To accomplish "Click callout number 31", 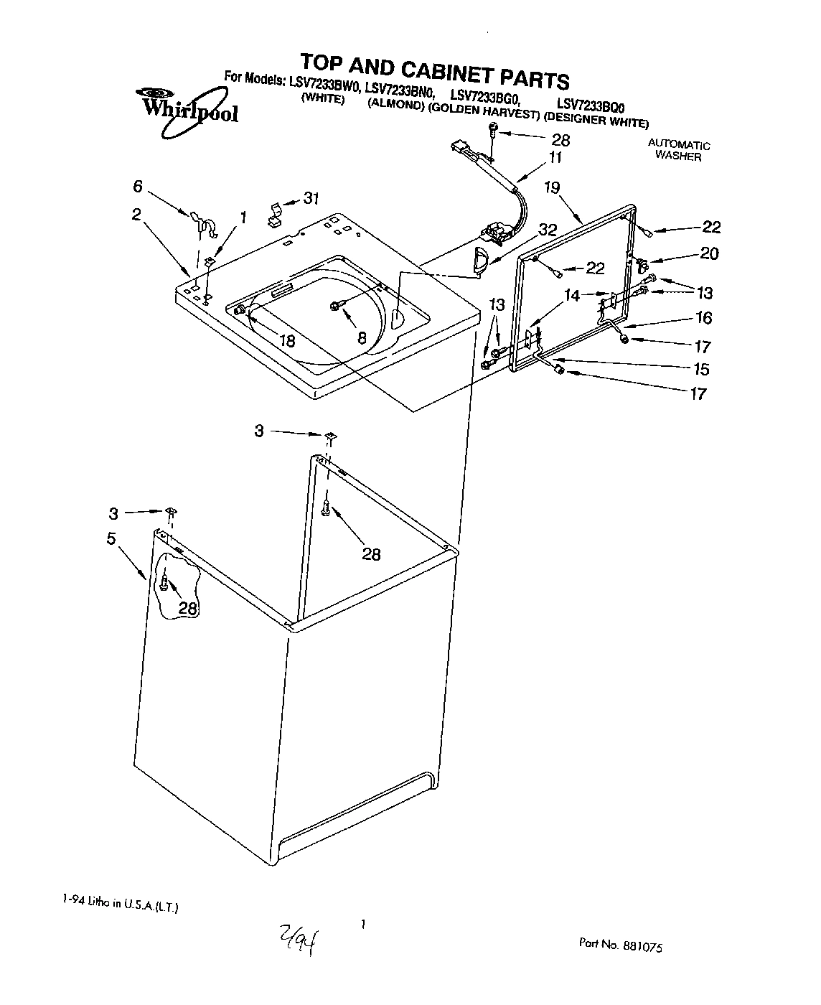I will point(311,199).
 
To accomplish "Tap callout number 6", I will point(137,187).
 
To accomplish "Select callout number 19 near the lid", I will point(551,188).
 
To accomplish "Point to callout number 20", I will point(709,253).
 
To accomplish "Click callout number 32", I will point(548,230).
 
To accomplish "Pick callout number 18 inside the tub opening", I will point(287,341).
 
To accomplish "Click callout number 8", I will point(361,336).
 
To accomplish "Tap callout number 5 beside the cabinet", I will point(111,538).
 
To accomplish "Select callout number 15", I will point(700,369).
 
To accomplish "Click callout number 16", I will point(703,317).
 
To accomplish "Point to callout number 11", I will point(555,158).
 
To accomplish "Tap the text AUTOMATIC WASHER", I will point(679,150).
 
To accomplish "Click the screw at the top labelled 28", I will point(493,130).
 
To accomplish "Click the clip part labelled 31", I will point(275,212).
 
